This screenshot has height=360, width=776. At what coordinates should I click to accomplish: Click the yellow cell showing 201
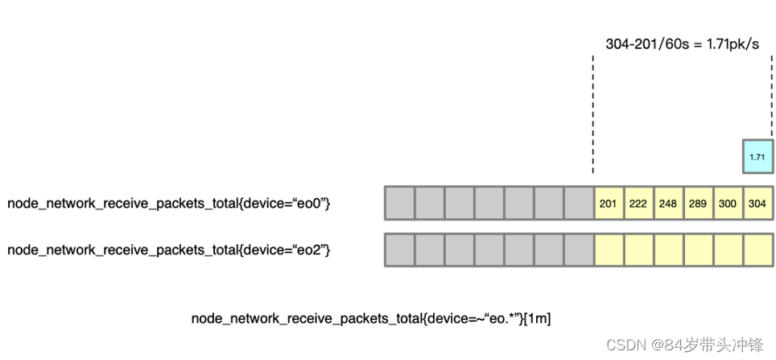(x=609, y=204)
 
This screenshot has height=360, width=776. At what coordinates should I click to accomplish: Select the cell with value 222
(x=638, y=204)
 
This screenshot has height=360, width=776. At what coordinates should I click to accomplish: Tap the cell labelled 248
(x=668, y=204)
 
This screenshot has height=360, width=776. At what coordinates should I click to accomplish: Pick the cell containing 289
(x=698, y=204)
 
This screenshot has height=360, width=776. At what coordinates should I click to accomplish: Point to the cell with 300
(x=728, y=204)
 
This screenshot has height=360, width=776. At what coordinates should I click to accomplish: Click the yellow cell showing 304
(x=757, y=204)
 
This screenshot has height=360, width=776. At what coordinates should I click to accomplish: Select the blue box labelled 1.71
(x=757, y=156)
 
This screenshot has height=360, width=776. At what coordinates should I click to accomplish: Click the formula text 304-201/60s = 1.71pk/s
(x=682, y=43)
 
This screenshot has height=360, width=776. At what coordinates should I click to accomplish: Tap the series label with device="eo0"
(x=169, y=204)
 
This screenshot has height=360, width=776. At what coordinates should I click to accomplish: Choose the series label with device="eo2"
(x=169, y=250)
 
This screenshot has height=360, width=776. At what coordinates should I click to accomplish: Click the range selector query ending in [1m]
(x=371, y=319)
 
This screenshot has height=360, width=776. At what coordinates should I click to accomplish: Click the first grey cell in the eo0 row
(x=400, y=204)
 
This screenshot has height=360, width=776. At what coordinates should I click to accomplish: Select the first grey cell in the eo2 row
(x=400, y=250)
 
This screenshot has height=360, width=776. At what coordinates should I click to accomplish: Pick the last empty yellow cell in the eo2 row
(x=757, y=250)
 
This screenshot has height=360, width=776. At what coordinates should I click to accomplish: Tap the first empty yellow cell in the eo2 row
(x=609, y=250)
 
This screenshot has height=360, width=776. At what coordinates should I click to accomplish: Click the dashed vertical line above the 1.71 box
(x=771, y=97)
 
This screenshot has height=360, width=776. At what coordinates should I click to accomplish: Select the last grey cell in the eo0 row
(x=579, y=204)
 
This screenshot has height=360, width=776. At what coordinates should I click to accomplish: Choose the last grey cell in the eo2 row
(x=579, y=250)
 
